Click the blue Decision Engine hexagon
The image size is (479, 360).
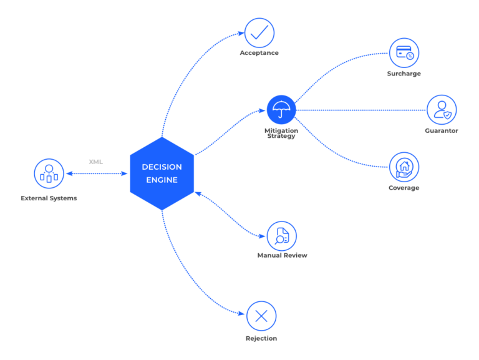coord(162,173)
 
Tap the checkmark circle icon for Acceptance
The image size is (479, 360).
coord(259,32)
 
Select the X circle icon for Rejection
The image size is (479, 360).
coord(261,316)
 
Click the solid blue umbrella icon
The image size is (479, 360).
coord(281,109)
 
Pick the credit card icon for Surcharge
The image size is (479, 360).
coord(404,52)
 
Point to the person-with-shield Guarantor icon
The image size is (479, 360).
coord(442,110)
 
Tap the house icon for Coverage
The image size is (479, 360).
coord(404,167)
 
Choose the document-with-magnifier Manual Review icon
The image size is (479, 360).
coord(281,235)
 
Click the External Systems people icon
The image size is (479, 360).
coord(49,173)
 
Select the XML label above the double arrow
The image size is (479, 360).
coord(95,162)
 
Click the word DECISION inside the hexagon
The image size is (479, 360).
coord(162,167)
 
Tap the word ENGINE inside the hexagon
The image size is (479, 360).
coord(162,180)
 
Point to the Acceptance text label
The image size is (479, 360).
coord(259,53)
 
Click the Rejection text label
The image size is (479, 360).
coord(261,338)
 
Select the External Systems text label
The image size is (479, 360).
coord(49,198)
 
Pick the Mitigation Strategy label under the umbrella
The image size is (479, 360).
coord(281,133)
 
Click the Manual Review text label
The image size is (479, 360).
coord(282,255)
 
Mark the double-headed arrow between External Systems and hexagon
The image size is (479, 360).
coord(97,173)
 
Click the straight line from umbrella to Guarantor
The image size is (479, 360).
coord(362,110)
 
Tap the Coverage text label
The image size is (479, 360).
coord(404,188)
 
